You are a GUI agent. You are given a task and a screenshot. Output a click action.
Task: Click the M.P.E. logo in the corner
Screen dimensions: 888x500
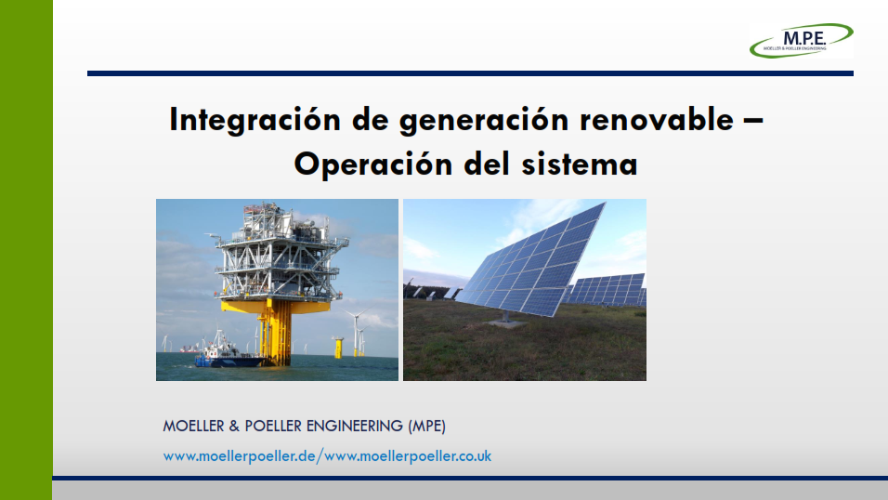coord(801,40)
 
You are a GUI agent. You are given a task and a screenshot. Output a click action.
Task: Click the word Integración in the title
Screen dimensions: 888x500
coord(255,120)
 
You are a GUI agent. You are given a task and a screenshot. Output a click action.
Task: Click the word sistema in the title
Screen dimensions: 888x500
coord(580,164)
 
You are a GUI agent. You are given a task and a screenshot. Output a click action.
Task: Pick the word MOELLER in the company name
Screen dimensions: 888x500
coord(194,427)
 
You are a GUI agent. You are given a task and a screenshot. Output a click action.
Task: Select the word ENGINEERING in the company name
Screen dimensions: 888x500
coord(355,427)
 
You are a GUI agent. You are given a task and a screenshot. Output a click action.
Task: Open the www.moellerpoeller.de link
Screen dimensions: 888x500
coord(239,456)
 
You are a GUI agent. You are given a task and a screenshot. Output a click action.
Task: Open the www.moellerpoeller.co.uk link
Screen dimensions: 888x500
coord(408,456)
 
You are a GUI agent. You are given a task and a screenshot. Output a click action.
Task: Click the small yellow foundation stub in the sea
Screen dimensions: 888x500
coord(339,348)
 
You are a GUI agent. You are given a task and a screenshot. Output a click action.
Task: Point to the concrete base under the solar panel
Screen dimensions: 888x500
coord(506,322)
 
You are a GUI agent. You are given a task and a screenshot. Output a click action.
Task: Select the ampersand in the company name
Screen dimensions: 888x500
coord(234,427)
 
